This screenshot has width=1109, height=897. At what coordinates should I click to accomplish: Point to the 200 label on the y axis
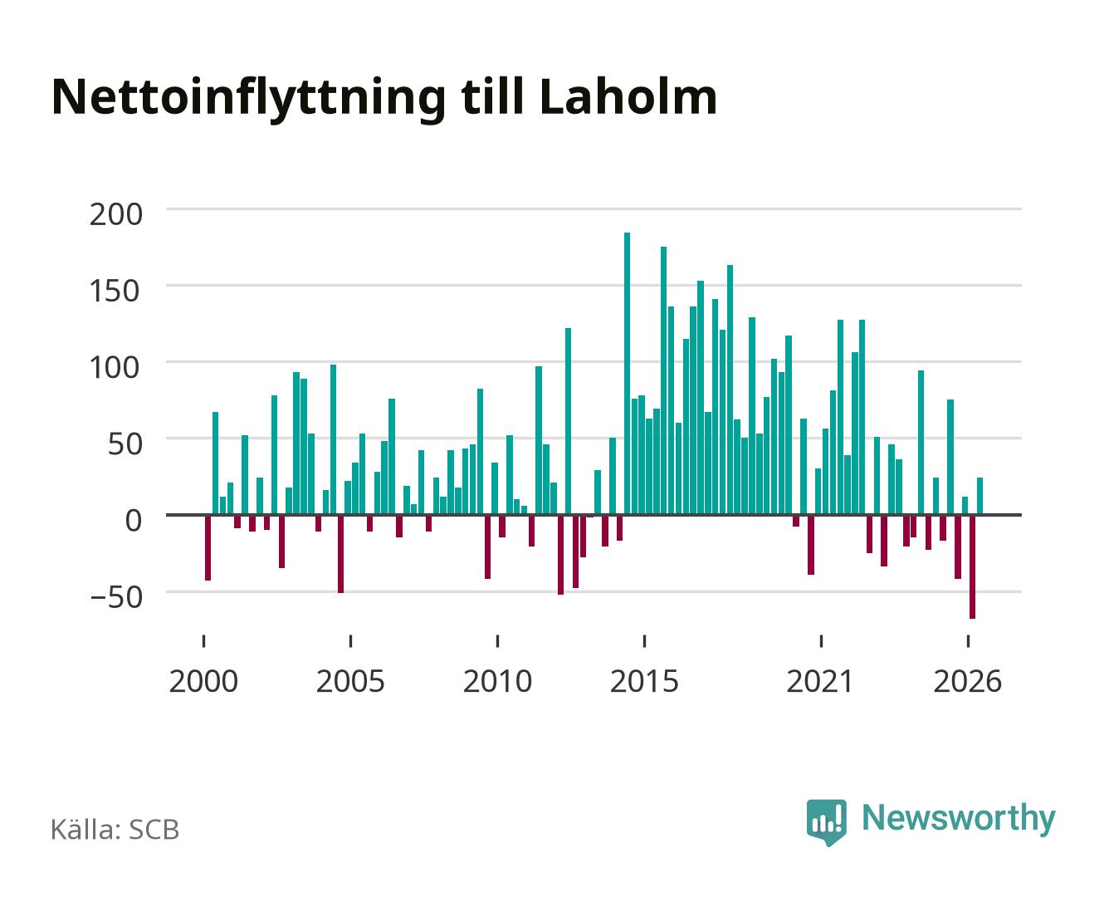(115, 214)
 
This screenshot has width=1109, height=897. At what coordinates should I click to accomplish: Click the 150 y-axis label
(115, 291)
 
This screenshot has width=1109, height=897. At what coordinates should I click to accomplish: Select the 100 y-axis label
(115, 367)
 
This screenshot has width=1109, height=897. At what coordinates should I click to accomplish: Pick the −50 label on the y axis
(115, 597)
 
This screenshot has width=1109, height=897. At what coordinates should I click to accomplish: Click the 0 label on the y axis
(134, 521)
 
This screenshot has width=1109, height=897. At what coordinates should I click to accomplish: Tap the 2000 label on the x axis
(203, 681)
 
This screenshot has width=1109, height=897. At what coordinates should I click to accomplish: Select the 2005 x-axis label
(349, 681)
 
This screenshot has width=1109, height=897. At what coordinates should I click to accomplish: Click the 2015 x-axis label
(644, 681)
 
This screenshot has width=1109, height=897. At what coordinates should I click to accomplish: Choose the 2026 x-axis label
(967, 681)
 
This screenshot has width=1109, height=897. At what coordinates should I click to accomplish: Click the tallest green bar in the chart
(627, 374)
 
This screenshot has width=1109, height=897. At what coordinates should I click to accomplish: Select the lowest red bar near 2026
(972, 567)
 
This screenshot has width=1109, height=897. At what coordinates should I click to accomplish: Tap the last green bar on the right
(980, 496)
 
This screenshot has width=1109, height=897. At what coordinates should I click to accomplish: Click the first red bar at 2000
(208, 548)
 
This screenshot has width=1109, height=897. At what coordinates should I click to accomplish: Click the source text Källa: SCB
(115, 829)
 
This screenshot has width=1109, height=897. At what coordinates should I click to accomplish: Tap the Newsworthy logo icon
(826, 822)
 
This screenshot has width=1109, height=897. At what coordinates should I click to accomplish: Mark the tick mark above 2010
(497, 640)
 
